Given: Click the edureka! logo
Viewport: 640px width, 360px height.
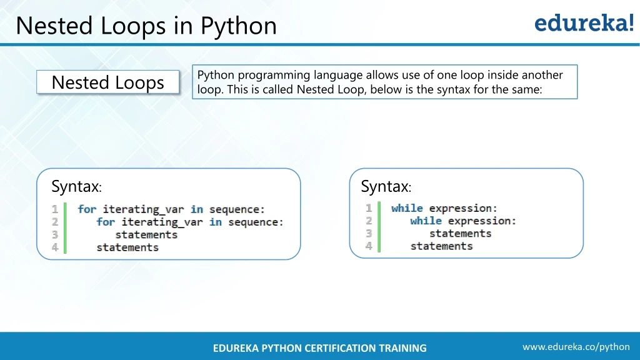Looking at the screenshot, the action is click(x=584, y=22).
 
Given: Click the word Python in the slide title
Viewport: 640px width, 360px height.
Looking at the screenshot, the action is click(x=238, y=27).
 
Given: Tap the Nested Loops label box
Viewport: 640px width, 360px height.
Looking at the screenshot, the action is click(x=107, y=82).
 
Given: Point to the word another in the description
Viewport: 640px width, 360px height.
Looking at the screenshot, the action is click(x=542, y=75).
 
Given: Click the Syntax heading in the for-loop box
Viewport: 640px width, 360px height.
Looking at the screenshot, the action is click(x=76, y=186).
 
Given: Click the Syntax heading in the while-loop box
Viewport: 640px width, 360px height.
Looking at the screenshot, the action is click(x=386, y=186).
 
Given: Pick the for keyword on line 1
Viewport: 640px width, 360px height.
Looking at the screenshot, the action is click(x=87, y=209).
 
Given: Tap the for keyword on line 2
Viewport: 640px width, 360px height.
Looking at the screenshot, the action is click(x=106, y=222).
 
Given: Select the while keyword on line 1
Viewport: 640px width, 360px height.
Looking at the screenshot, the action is click(x=407, y=208).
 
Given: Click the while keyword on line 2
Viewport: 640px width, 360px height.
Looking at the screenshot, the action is click(x=426, y=221).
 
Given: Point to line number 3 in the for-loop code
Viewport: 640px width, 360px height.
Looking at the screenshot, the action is click(x=55, y=235).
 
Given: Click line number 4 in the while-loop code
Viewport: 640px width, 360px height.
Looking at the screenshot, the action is click(x=369, y=246).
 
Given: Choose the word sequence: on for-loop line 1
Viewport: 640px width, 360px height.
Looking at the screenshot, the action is click(x=237, y=209).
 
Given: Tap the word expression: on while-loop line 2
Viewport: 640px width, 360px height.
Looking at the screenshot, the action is click(x=482, y=221).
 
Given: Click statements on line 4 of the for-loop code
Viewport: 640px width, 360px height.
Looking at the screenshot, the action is click(x=127, y=247).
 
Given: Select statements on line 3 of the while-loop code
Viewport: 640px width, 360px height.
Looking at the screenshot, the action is click(x=461, y=234).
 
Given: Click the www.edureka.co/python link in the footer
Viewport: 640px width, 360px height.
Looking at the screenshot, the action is click(x=576, y=347).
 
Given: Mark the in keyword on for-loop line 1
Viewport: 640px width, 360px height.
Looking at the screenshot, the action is click(x=197, y=209).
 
